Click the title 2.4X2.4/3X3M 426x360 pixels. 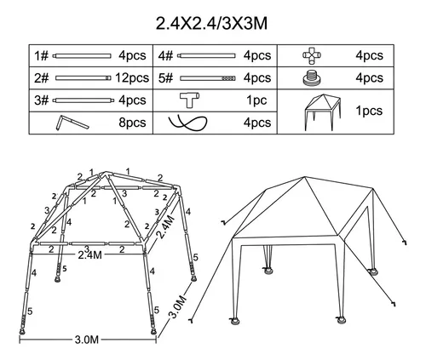[x=211, y=23]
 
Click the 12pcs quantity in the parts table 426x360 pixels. [x=132, y=77]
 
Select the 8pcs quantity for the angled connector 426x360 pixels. [x=132, y=123]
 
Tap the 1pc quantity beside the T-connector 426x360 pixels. [x=256, y=100]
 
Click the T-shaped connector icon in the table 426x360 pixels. [x=189, y=100]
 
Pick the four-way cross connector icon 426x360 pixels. [x=312, y=55]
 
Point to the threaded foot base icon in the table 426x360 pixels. [x=312, y=78]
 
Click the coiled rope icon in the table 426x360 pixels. [x=187, y=123]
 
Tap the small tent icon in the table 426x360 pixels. [x=323, y=112]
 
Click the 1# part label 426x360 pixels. [x=42, y=55]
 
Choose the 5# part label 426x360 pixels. [x=165, y=78]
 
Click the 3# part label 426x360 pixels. [x=42, y=100]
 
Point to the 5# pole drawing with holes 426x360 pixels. [x=208, y=78]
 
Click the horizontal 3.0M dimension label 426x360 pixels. [x=87, y=340]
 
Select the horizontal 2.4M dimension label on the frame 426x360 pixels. [x=89, y=254]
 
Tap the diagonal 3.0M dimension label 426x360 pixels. [x=178, y=306]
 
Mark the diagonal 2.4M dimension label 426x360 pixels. [x=165, y=227]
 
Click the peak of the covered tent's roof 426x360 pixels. [x=305, y=177]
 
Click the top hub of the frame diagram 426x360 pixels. [x=105, y=174]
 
